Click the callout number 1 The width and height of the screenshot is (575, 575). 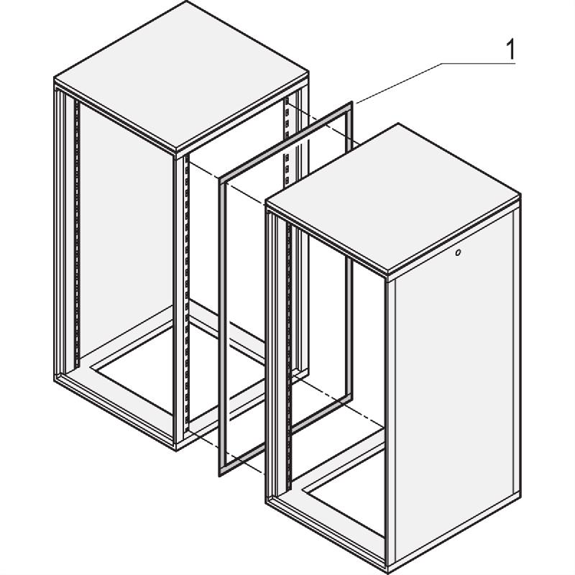(510, 50)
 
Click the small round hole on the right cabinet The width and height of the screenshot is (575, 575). (457, 253)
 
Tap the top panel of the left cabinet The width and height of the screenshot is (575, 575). (181, 76)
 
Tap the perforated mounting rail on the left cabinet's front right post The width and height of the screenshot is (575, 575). (186, 293)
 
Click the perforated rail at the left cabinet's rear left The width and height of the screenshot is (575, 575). (77, 234)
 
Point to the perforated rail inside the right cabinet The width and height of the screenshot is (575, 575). (289, 356)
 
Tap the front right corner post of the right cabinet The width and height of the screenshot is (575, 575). (390, 425)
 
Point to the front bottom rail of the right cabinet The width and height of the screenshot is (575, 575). (326, 536)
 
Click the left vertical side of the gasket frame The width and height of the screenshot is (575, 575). (222, 326)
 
